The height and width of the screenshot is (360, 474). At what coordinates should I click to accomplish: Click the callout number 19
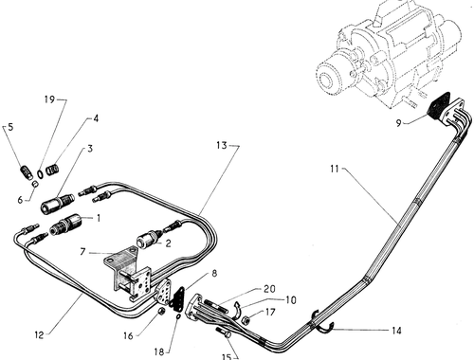49,99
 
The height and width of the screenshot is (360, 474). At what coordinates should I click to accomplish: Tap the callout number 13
222,145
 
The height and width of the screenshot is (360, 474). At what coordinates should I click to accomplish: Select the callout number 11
335,169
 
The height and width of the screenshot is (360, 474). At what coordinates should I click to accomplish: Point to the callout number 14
396,331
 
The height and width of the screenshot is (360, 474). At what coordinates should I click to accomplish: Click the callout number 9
399,123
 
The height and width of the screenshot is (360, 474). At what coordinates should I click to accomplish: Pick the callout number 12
39,335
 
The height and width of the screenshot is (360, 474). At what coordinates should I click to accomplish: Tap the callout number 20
269,289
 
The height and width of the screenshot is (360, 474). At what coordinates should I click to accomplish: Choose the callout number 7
82,252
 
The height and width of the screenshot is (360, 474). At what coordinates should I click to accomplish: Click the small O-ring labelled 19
40,173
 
